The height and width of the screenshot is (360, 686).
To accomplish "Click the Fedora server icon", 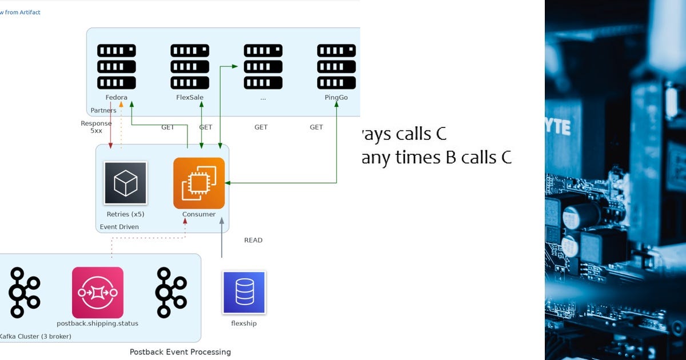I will pos(117,66).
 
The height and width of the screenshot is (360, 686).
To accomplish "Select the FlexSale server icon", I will pos(190,66).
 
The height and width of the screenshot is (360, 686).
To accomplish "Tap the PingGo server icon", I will pos(336,66).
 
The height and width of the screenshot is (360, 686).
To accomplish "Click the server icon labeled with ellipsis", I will pos(263,66).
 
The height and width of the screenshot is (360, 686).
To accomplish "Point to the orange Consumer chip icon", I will pos(199,183).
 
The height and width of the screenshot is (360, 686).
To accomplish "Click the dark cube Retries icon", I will pos(125,183).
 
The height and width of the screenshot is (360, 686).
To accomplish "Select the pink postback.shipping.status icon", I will pos(98,293).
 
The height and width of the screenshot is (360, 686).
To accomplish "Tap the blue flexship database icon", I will pos(244,293).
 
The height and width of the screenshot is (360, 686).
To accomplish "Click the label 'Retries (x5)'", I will pos(125,214).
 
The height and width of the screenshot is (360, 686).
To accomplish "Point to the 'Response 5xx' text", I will pos(96,127).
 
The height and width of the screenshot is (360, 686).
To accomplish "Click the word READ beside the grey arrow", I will pos(253,240).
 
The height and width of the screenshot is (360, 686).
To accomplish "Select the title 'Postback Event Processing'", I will pos(180,352).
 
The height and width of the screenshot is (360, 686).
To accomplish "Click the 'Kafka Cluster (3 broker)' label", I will pos(35,337).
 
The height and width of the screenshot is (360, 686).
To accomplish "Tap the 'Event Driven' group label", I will pos(119,227).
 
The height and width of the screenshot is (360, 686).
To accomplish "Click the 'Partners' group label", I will pos(103,110).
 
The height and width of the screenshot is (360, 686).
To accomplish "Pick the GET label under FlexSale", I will pos(205,127).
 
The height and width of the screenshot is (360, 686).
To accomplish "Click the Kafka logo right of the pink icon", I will pos(171,293).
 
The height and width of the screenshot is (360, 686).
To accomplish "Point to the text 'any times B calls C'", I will pos(437,157).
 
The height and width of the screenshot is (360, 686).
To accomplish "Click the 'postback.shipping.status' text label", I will pos(98,323).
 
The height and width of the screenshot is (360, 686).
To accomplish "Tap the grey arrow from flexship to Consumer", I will pos(222,240).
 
